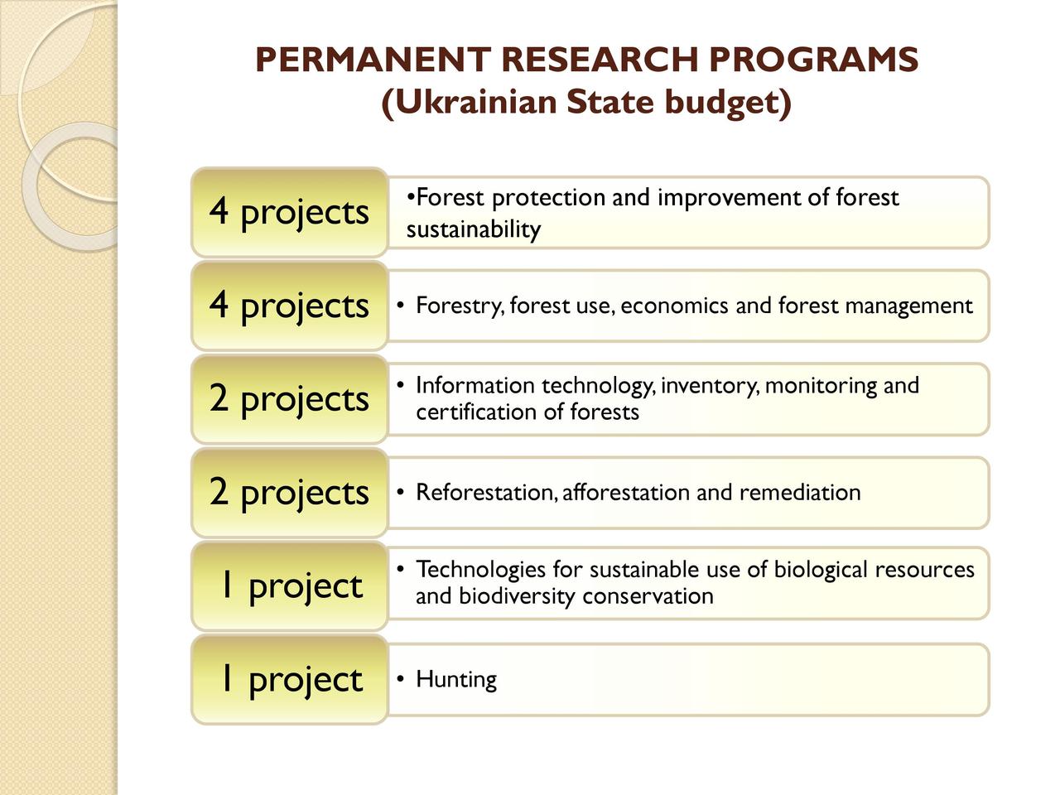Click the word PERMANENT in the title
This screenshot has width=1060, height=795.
coord(373,60)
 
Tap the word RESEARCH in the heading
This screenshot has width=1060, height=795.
coord(600,60)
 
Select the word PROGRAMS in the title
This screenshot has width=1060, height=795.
coord(814,60)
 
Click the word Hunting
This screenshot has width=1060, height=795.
coord(455,680)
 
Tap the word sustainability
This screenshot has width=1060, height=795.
coord(473,229)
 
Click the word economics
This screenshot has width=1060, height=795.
coord(674,306)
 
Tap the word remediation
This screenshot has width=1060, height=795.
coord(800,493)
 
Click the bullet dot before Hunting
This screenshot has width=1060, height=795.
coord(400,679)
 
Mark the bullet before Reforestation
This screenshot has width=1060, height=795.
coord(400,492)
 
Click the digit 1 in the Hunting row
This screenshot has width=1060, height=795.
coord(226,679)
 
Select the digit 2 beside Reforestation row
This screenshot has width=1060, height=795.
coord(219,492)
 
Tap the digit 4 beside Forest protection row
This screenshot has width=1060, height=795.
coord(219,211)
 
